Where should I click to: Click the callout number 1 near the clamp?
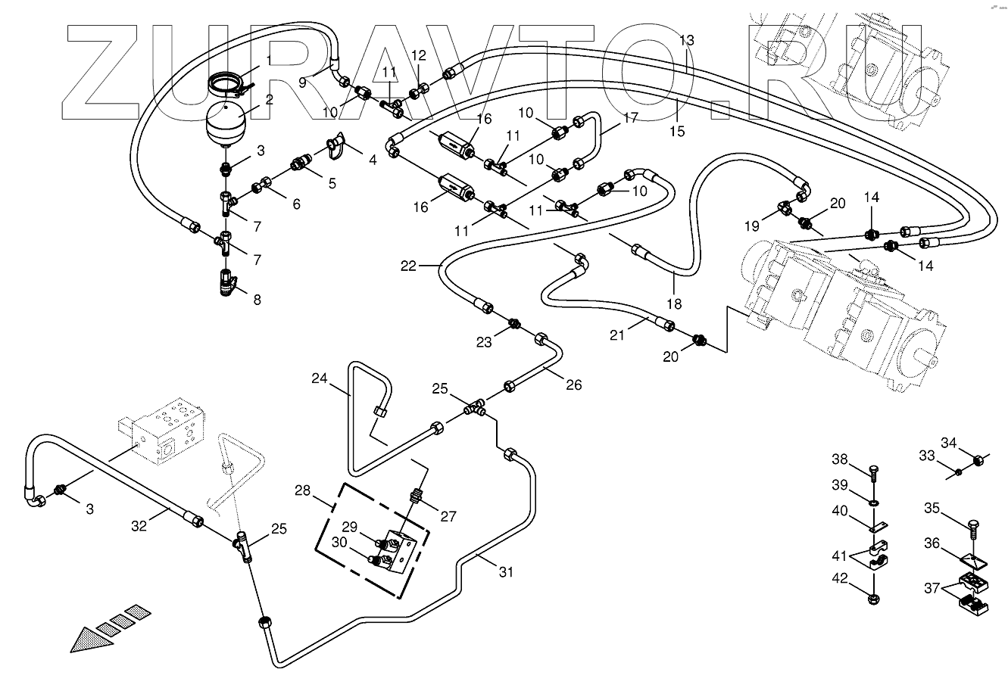268,59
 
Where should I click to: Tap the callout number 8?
257,300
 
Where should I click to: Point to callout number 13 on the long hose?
686,40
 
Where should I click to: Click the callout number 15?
677,131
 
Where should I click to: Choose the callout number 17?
631,118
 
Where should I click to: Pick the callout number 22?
409,266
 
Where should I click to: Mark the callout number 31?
506,573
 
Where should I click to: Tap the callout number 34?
949,443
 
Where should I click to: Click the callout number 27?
449,517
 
